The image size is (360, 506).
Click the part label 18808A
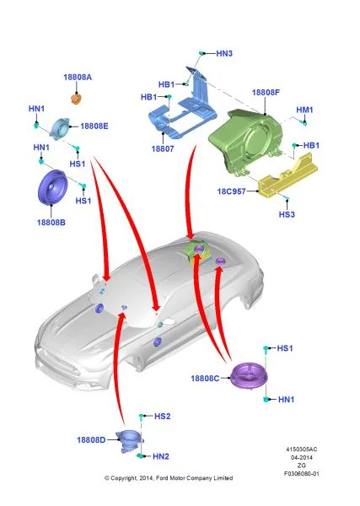click(78, 77)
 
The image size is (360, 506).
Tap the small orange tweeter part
click(77, 99)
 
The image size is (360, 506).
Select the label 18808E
click(94, 126)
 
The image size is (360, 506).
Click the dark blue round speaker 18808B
click(53, 187)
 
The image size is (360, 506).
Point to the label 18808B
click(51, 223)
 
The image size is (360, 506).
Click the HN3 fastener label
click(224, 54)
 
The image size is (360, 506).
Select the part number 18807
click(163, 148)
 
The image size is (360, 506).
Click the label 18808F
click(266, 92)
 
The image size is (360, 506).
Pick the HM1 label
click(305, 110)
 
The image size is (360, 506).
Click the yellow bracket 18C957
click(287, 176)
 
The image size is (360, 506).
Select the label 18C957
click(232, 191)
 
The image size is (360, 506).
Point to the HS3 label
click(287, 214)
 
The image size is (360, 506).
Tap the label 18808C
click(205, 378)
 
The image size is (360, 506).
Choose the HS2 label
click(162, 417)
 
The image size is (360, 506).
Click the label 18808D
click(91, 440)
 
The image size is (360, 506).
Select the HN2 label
click(161, 456)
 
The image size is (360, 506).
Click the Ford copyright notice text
click(169, 478)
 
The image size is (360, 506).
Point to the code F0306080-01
click(302, 474)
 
